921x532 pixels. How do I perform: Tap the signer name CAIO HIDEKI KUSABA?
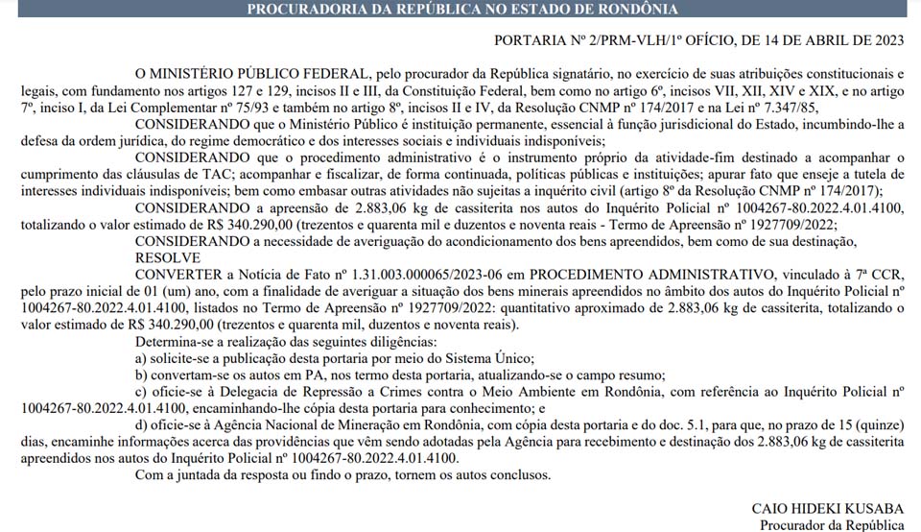coord(828,507)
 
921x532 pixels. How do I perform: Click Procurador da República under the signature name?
coord(832,524)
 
